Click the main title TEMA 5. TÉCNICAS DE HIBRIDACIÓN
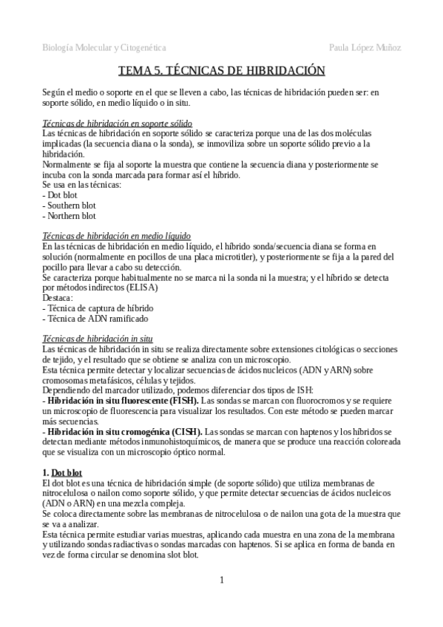[x=222, y=71]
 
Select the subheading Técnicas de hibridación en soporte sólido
[x=118, y=123]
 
